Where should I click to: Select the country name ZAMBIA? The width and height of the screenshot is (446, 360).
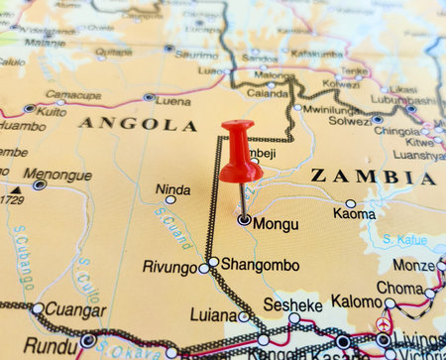click(x=373, y=178)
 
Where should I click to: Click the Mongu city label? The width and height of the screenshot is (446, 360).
click(x=276, y=224)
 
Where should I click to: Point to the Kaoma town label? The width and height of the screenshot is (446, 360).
click(x=354, y=213)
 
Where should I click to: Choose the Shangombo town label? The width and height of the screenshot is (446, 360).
click(x=260, y=264)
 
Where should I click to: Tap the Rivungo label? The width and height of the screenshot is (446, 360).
click(x=169, y=267)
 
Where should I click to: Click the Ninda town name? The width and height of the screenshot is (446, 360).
click(x=172, y=188)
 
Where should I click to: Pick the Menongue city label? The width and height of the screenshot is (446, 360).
click(x=58, y=176)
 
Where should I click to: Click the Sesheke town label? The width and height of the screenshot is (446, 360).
click(x=292, y=305)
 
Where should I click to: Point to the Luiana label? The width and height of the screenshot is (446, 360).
click(x=213, y=316)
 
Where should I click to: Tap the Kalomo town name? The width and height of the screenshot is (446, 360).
click(x=356, y=300)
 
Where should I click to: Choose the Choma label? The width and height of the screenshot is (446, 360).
click(x=399, y=288)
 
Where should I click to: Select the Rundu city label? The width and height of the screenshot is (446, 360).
click(x=51, y=345)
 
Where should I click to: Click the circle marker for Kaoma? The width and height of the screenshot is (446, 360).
click(x=351, y=203)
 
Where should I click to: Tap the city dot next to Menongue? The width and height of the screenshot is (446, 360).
click(x=40, y=184)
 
